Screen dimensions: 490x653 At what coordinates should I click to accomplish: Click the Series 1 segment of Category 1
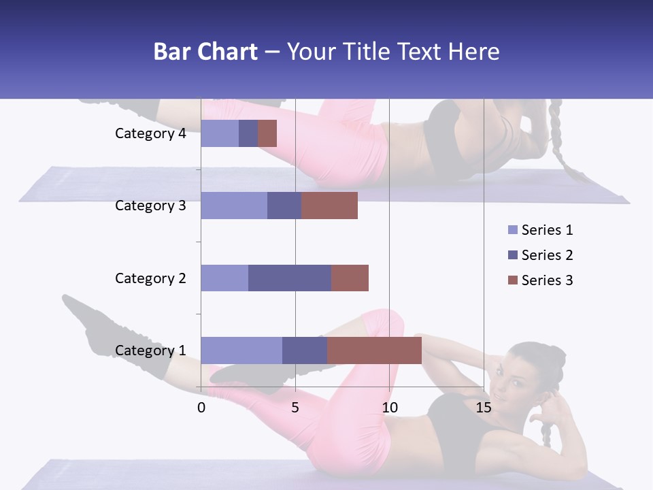point(241,350)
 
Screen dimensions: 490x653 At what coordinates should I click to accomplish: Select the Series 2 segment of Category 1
point(305,350)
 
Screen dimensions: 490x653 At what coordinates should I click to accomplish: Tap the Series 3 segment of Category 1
point(374,350)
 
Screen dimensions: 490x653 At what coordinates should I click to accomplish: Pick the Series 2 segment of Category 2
point(290,278)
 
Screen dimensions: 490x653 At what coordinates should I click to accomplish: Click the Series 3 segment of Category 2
point(350,278)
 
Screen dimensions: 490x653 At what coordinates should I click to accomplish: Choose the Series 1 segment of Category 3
point(234,206)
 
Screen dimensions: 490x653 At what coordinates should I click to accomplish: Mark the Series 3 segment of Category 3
point(329,206)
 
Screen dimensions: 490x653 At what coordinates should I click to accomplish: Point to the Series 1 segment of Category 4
point(220,133)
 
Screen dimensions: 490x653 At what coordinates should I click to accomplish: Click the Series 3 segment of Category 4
point(267,133)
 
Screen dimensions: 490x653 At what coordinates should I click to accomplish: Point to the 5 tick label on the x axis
point(295,408)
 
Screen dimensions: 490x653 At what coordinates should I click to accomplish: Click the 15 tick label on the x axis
point(484,408)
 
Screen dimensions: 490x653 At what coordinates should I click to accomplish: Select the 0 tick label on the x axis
point(201,408)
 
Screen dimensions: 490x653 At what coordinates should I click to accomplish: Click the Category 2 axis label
point(150,278)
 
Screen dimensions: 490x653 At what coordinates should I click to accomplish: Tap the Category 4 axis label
point(150,133)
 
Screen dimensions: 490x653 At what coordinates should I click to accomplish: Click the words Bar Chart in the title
point(205,52)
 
